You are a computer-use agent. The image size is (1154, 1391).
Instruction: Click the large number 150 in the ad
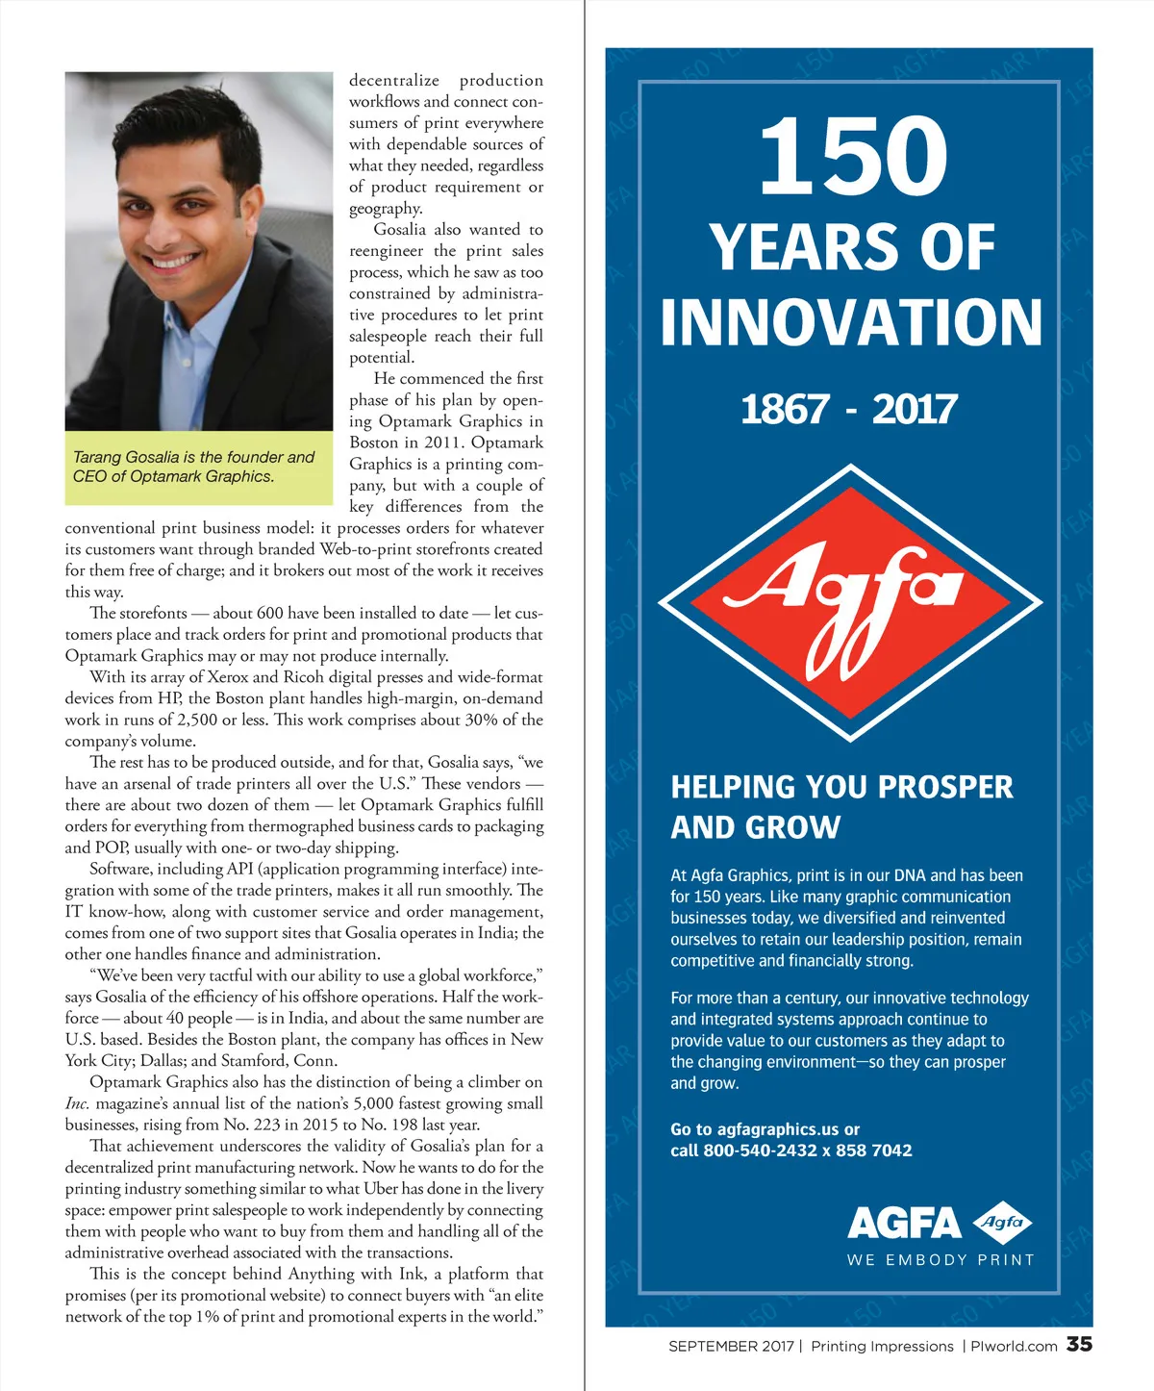tap(853, 155)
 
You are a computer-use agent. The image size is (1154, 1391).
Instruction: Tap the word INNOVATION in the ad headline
tap(851, 322)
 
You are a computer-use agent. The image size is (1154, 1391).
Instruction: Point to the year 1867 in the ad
tap(784, 410)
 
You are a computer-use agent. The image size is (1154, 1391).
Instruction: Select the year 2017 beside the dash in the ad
tap(914, 410)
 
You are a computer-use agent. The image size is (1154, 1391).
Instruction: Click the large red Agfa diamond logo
tap(850, 603)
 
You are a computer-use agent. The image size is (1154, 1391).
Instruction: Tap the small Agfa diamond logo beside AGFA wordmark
tap(1003, 1223)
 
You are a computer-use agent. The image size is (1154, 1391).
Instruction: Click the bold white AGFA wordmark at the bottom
tap(903, 1224)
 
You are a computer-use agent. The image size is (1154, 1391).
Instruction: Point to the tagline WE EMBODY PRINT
tap(941, 1260)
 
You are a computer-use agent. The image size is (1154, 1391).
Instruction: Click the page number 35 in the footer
tap(1079, 1345)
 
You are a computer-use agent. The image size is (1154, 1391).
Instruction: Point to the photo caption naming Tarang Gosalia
tap(194, 467)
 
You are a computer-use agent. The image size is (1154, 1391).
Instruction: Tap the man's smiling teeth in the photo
tap(173, 261)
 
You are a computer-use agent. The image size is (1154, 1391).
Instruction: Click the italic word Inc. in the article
tap(77, 1103)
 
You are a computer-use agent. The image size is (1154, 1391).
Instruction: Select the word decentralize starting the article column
tap(393, 81)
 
